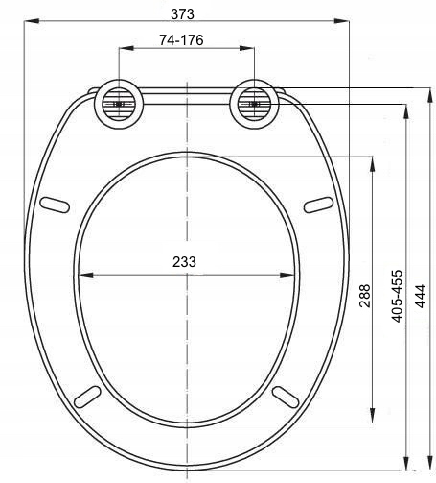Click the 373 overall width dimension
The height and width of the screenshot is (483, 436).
click(x=182, y=14)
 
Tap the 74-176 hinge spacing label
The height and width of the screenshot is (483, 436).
click(x=181, y=40)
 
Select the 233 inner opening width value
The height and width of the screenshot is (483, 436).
click(x=184, y=262)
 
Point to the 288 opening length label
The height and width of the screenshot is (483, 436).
click(x=364, y=296)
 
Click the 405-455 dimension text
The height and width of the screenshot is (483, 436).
click(x=397, y=296)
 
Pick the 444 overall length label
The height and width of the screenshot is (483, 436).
click(x=421, y=296)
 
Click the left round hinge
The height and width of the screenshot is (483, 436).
click(x=119, y=104)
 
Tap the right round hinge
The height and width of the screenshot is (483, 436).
click(x=255, y=104)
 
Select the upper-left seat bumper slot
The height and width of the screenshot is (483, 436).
click(x=55, y=205)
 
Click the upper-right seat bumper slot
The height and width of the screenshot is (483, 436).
click(x=318, y=205)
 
